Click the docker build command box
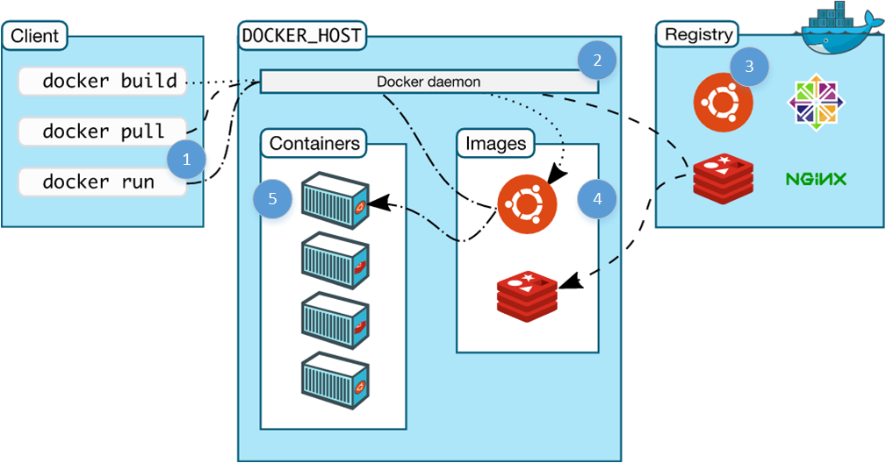(x=101, y=82)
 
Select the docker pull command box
(x=101, y=132)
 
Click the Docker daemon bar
(x=429, y=82)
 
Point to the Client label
(x=35, y=37)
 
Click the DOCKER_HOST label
(x=302, y=37)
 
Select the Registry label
(x=698, y=35)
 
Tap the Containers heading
(x=314, y=143)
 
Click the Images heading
(x=495, y=143)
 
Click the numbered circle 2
(x=597, y=61)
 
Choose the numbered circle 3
(x=748, y=67)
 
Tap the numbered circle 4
(x=597, y=199)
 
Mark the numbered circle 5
(x=273, y=199)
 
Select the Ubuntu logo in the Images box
(x=526, y=204)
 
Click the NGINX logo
(x=816, y=179)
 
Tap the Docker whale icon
(x=839, y=25)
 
